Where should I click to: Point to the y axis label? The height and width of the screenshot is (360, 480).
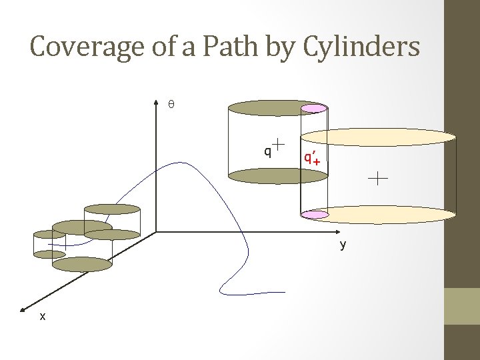tap(343, 245)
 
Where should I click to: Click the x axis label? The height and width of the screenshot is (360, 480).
tap(43, 317)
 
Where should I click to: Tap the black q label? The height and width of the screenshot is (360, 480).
tap(267, 151)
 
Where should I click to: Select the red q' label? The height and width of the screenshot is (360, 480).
tap(309, 157)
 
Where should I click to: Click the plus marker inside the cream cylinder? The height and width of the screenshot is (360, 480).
tap(377, 178)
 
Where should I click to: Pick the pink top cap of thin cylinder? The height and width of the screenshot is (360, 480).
tap(314, 108)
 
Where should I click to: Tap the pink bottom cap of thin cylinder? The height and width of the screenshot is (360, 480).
tap(315, 215)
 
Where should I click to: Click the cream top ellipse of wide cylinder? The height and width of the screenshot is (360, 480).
tap(379, 137)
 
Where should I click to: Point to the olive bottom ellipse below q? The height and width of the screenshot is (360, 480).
tap(265, 176)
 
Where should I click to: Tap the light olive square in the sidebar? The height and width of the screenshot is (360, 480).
tap(462, 306)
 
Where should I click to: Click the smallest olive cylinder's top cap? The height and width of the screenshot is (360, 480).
tap(49, 234)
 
